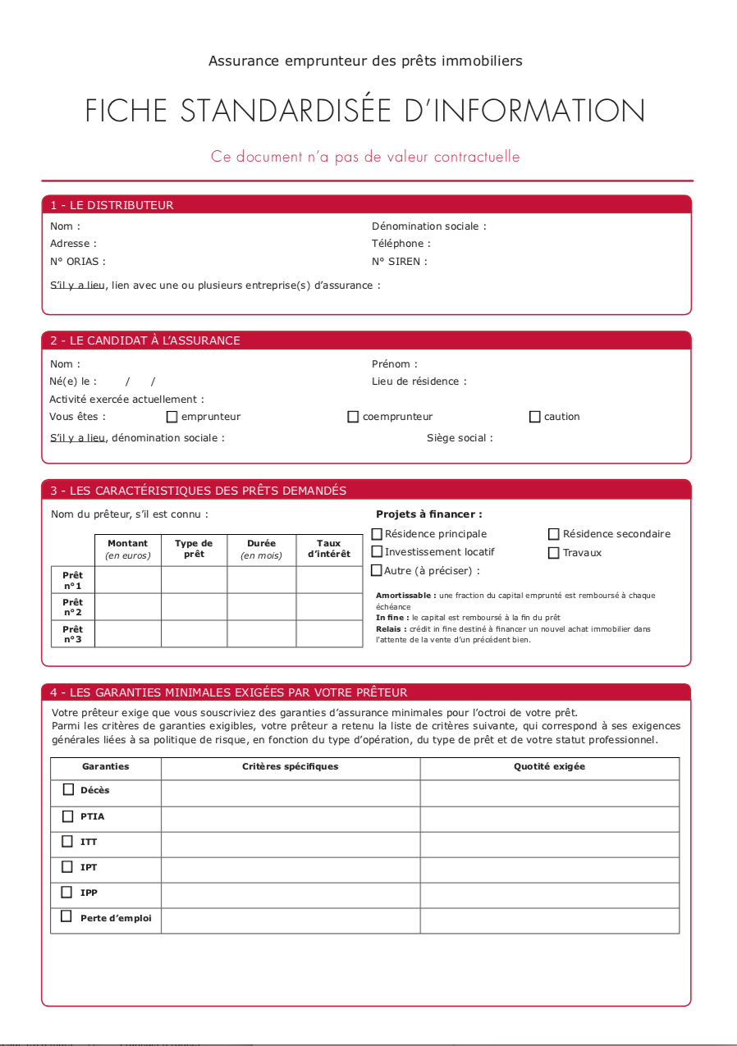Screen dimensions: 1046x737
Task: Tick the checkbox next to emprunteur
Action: [x=172, y=417]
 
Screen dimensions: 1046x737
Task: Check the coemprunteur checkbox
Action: [x=354, y=417]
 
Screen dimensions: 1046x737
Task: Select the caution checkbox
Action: [x=535, y=417]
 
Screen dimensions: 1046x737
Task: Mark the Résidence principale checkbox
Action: [x=378, y=534]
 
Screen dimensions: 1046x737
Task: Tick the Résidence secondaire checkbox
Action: [x=554, y=534]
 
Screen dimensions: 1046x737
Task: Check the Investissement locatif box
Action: [x=378, y=552]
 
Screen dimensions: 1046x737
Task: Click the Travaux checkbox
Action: [x=554, y=553]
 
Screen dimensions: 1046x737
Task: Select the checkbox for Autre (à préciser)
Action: [x=378, y=570]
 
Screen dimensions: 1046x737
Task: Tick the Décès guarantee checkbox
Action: [x=68, y=789]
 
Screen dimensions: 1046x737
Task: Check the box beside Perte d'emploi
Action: [x=66, y=916]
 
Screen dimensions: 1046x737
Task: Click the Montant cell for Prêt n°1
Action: [x=128, y=580]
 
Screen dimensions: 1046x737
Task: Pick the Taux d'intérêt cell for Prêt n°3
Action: [x=328, y=634]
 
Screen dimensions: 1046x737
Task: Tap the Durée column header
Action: [x=261, y=549]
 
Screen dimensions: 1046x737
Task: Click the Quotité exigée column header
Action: [x=549, y=767]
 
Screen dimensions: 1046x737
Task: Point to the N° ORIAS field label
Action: [x=78, y=262]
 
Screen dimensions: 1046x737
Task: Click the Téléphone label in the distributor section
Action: [x=401, y=244]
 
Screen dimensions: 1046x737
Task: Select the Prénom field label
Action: [x=394, y=364]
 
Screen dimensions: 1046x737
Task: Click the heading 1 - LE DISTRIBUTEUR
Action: [x=112, y=205]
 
